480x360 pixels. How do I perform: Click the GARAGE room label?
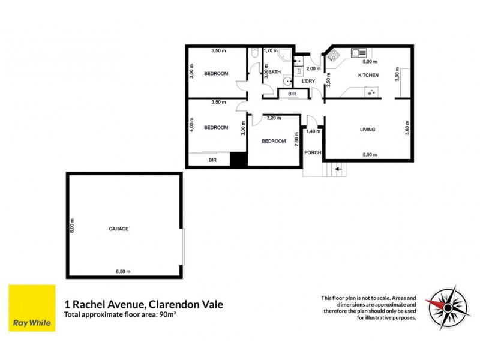point(119,229)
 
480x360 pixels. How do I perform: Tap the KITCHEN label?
point(368,75)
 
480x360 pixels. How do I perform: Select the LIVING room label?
point(368,130)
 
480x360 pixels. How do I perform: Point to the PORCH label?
point(313,152)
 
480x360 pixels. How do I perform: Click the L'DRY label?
point(308,81)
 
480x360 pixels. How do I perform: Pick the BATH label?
point(274,72)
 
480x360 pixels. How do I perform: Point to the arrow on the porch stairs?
point(338,169)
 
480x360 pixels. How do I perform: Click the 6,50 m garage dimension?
point(123,272)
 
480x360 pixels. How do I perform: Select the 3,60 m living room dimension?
point(407,129)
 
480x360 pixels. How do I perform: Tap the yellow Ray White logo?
point(32,308)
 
